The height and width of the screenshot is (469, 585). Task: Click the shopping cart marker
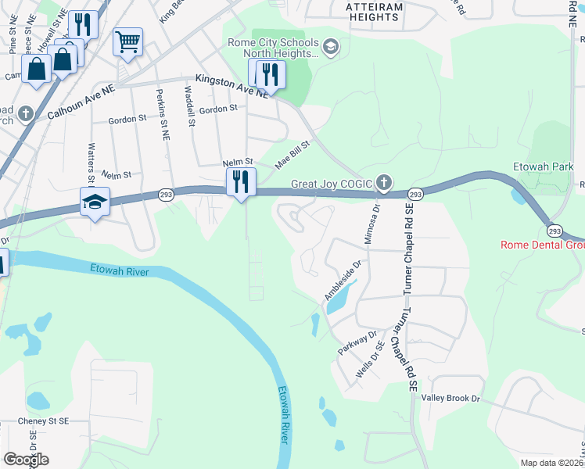[127, 41]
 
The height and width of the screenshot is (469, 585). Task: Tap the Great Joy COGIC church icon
[383, 183]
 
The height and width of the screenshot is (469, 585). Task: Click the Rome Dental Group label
[542, 245]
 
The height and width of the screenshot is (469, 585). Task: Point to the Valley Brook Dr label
[450, 398]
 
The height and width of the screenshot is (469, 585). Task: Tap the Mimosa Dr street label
[376, 220]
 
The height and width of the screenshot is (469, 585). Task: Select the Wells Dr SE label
[370, 360]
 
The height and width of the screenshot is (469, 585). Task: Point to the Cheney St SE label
[44, 421]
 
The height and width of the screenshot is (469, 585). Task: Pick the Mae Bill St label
[292, 155]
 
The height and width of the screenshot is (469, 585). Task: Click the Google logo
[25, 460]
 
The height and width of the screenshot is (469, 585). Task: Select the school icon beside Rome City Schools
[329, 48]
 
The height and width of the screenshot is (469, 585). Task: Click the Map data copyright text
[552, 463]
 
